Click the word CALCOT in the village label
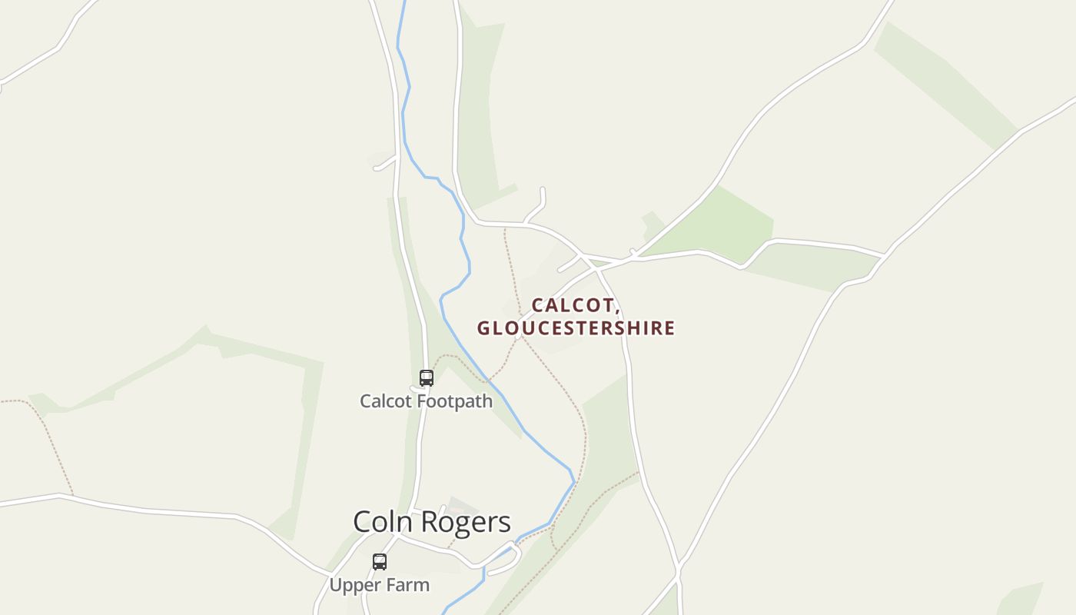tap(573, 305)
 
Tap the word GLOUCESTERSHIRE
tap(576, 328)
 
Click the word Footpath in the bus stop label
tap(457, 401)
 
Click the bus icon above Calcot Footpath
tap(427, 378)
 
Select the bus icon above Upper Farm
tap(380, 562)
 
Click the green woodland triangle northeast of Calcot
tap(715, 223)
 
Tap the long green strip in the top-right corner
tap(945, 85)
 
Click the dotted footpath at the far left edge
tap(46, 430)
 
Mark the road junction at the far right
tap(885, 254)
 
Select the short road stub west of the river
tap(384, 163)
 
